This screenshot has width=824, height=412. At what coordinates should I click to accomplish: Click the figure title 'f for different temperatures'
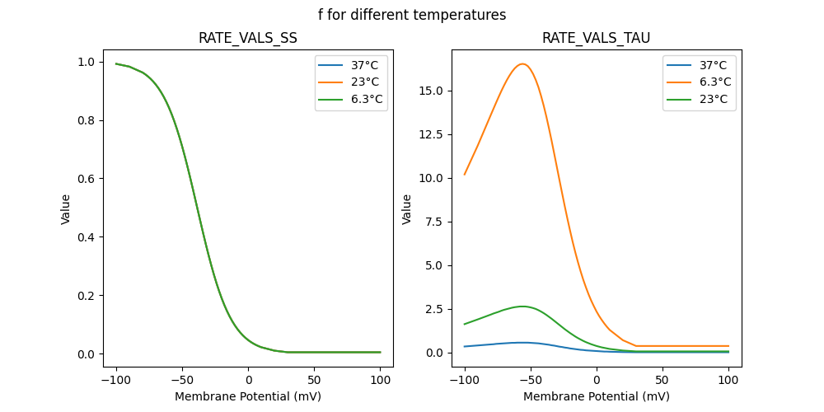click(x=412, y=15)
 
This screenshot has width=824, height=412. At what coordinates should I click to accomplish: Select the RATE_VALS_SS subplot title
click(x=248, y=38)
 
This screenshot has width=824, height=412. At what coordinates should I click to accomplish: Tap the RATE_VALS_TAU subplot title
click(x=596, y=38)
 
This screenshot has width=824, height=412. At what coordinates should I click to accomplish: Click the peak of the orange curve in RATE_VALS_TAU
click(x=522, y=63)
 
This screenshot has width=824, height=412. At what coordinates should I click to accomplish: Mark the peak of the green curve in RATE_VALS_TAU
click(x=522, y=307)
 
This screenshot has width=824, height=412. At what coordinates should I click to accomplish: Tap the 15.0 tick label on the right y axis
click(x=431, y=91)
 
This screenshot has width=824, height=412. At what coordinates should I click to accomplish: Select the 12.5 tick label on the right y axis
click(x=431, y=134)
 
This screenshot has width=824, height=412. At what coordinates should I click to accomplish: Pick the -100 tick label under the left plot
click(x=116, y=380)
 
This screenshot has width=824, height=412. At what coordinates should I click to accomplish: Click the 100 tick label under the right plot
click(x=728, y=380)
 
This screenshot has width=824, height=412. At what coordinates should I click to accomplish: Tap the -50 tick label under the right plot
click(x=531, y=380)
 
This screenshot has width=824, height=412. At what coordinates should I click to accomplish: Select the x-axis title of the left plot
click(x=248, y=396)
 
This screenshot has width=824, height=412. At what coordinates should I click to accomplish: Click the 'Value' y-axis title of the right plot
click(x=406, y=209)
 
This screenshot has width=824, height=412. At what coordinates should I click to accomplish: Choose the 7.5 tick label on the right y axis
click(x=434, y=222)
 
